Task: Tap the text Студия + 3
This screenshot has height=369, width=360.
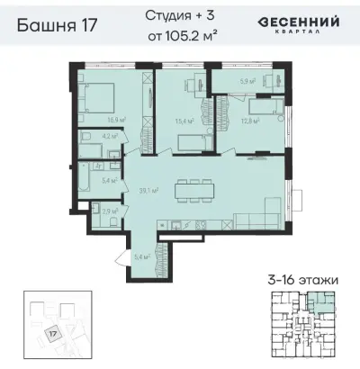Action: point(180,17)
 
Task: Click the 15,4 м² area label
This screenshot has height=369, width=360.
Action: point(185,119)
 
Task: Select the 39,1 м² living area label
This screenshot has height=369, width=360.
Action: point(148,190)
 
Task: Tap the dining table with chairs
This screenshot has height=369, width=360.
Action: point(190,190)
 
